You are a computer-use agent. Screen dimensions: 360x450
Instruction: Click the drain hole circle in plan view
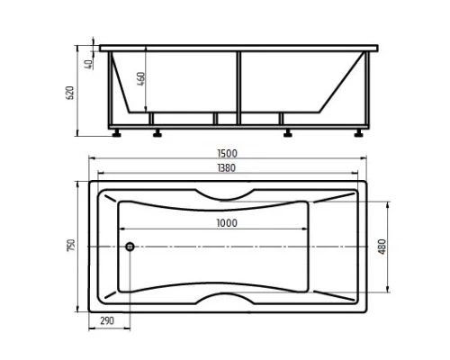[129, 246]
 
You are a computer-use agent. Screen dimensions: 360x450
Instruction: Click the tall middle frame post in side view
[239, 86]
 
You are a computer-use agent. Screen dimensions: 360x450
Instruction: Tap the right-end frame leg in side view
[369, 90]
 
